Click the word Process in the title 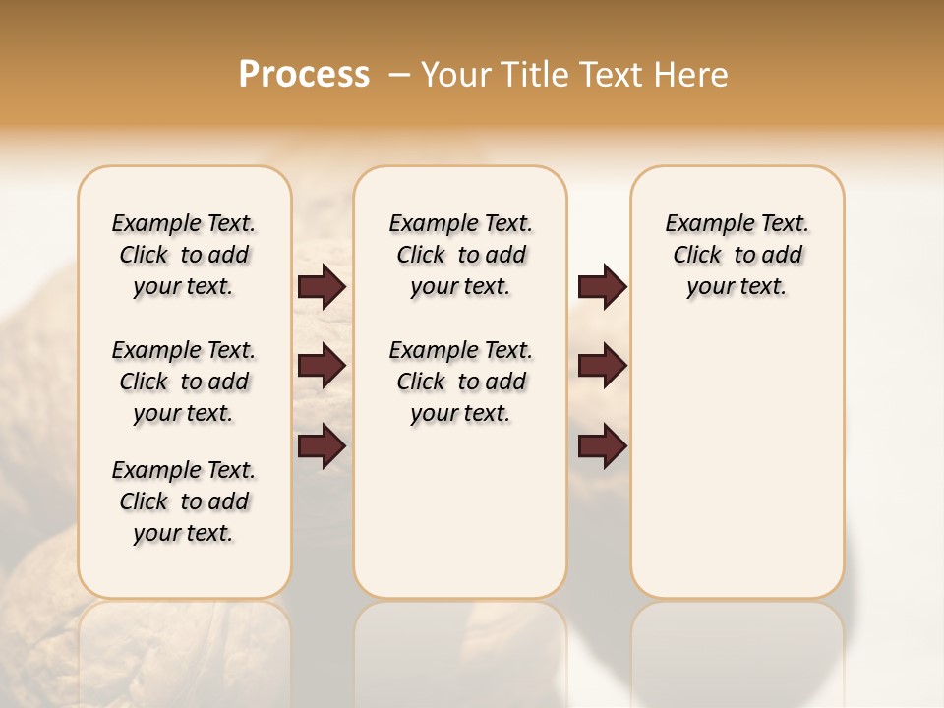tap(304, 75)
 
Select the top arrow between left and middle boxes tap(322, 287)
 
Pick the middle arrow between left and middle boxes tap(322, 366)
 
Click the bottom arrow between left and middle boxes tap(322, 446)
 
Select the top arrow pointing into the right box tap(602, 287)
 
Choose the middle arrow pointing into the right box tap(602, 366)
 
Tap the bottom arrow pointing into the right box tap(602, 446)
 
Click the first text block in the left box tap(184, 255)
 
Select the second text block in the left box tap(184, 382)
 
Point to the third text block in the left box tap(184, 501)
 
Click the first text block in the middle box tap(460, 255)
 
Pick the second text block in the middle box tap(460, 382)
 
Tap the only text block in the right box tap(737, 255)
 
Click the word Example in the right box tap(702, 224)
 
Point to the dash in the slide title tap(398, 75)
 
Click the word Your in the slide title tap(455, 75)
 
